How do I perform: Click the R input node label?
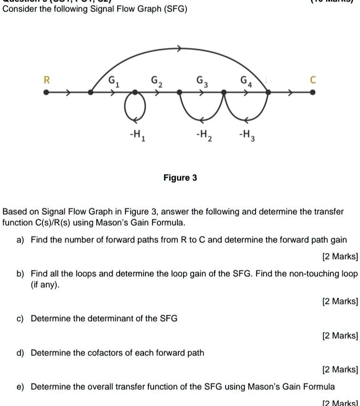46,80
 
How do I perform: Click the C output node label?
313,80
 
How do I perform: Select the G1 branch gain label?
113,81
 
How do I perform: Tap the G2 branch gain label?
157,81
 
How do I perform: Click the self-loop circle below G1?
135,107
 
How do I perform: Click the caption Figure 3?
180,178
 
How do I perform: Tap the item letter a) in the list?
21,240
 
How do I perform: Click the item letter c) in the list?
21,318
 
